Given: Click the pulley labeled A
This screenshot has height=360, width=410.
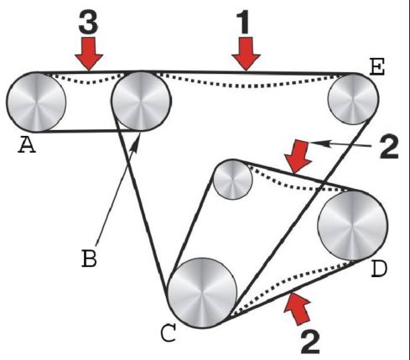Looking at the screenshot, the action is click(36, 102).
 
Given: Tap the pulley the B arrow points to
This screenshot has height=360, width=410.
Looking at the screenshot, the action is click(141, 101).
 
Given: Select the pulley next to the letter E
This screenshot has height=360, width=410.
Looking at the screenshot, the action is click(353, 99).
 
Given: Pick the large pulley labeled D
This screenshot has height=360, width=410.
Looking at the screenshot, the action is click(353, 226).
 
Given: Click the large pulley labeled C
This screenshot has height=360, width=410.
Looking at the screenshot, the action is click(203, 293).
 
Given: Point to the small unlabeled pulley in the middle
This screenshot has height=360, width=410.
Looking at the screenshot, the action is click(232, 180).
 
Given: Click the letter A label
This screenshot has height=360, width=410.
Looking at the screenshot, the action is click(27, 145).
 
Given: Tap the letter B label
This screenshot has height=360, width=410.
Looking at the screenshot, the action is click(89, 258).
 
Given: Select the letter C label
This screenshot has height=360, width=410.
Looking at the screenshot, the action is click(169, 333).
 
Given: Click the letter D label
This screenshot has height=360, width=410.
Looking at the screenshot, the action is click(379, 269).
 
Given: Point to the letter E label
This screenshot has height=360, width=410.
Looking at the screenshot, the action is click(377, 67).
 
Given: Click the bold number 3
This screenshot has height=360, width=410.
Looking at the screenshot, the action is click(88, 23).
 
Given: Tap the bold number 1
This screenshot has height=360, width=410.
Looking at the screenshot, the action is click(243, 23).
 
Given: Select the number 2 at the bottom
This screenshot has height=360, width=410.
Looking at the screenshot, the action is click(310, 342).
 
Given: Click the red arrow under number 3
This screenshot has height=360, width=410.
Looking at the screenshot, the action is click(89, 54).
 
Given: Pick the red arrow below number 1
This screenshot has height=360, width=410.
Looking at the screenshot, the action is click(247, 54).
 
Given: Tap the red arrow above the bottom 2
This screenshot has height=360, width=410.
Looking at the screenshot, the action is click(298, 308).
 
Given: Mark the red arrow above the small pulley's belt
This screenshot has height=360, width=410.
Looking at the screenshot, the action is click(298, 157).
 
